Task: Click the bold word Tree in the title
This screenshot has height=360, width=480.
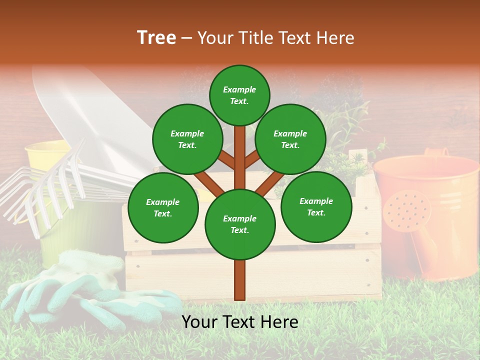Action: (156, 38)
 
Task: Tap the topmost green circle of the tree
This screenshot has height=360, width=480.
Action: (239, 95)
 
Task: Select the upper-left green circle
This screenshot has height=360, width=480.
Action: (187, 139)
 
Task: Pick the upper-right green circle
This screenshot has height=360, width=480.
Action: (290, 139)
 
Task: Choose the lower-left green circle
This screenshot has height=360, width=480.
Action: (163, 207)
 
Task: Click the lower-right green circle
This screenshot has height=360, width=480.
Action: (316, 206)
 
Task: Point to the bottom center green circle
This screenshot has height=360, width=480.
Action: (240, 224)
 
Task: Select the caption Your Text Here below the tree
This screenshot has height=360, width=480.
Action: (240, 322)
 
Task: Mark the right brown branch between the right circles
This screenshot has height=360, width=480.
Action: (270, 182)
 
